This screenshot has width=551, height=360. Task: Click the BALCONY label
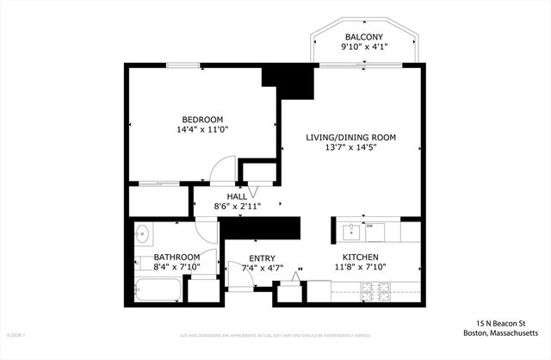(364, 36)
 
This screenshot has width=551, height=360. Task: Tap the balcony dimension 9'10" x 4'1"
(364, 47)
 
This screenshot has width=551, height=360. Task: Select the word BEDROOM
(202, 119)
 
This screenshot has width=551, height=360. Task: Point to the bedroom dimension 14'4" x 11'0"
(202, 129)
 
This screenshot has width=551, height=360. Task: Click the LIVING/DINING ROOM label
(350, 137)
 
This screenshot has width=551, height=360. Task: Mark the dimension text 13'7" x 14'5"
(350, 147)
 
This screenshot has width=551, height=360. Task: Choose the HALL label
(237, 196)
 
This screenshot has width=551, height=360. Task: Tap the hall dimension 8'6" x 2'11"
(237, 207)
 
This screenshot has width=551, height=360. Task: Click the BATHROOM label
(176, 258)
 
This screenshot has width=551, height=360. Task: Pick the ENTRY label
(262, 258)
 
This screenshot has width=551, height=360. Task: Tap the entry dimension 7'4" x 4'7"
(262, 269)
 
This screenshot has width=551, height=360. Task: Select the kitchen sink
(350, 232)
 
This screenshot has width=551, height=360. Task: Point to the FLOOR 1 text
(18, 334)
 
